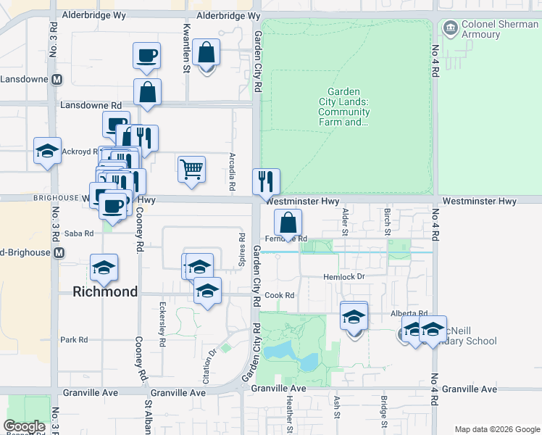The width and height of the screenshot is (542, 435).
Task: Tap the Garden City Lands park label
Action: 349,107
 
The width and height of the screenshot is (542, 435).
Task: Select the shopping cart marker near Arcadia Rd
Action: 191,170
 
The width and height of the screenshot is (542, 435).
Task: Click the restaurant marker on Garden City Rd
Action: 266,181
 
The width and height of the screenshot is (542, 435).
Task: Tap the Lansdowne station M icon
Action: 55,79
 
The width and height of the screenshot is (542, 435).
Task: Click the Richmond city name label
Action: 106,292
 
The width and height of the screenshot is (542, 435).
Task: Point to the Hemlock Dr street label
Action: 343,277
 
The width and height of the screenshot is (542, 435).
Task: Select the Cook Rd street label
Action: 280,296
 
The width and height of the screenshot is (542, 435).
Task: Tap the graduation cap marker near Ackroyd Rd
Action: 47,152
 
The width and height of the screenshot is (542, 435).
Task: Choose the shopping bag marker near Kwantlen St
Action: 207,54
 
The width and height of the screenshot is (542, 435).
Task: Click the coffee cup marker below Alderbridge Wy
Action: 146,56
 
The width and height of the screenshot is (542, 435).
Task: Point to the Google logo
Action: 25,426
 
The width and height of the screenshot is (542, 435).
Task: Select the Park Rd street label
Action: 74,339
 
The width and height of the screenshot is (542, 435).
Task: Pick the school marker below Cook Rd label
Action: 208,291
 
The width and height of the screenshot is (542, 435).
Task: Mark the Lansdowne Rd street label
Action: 96,105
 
